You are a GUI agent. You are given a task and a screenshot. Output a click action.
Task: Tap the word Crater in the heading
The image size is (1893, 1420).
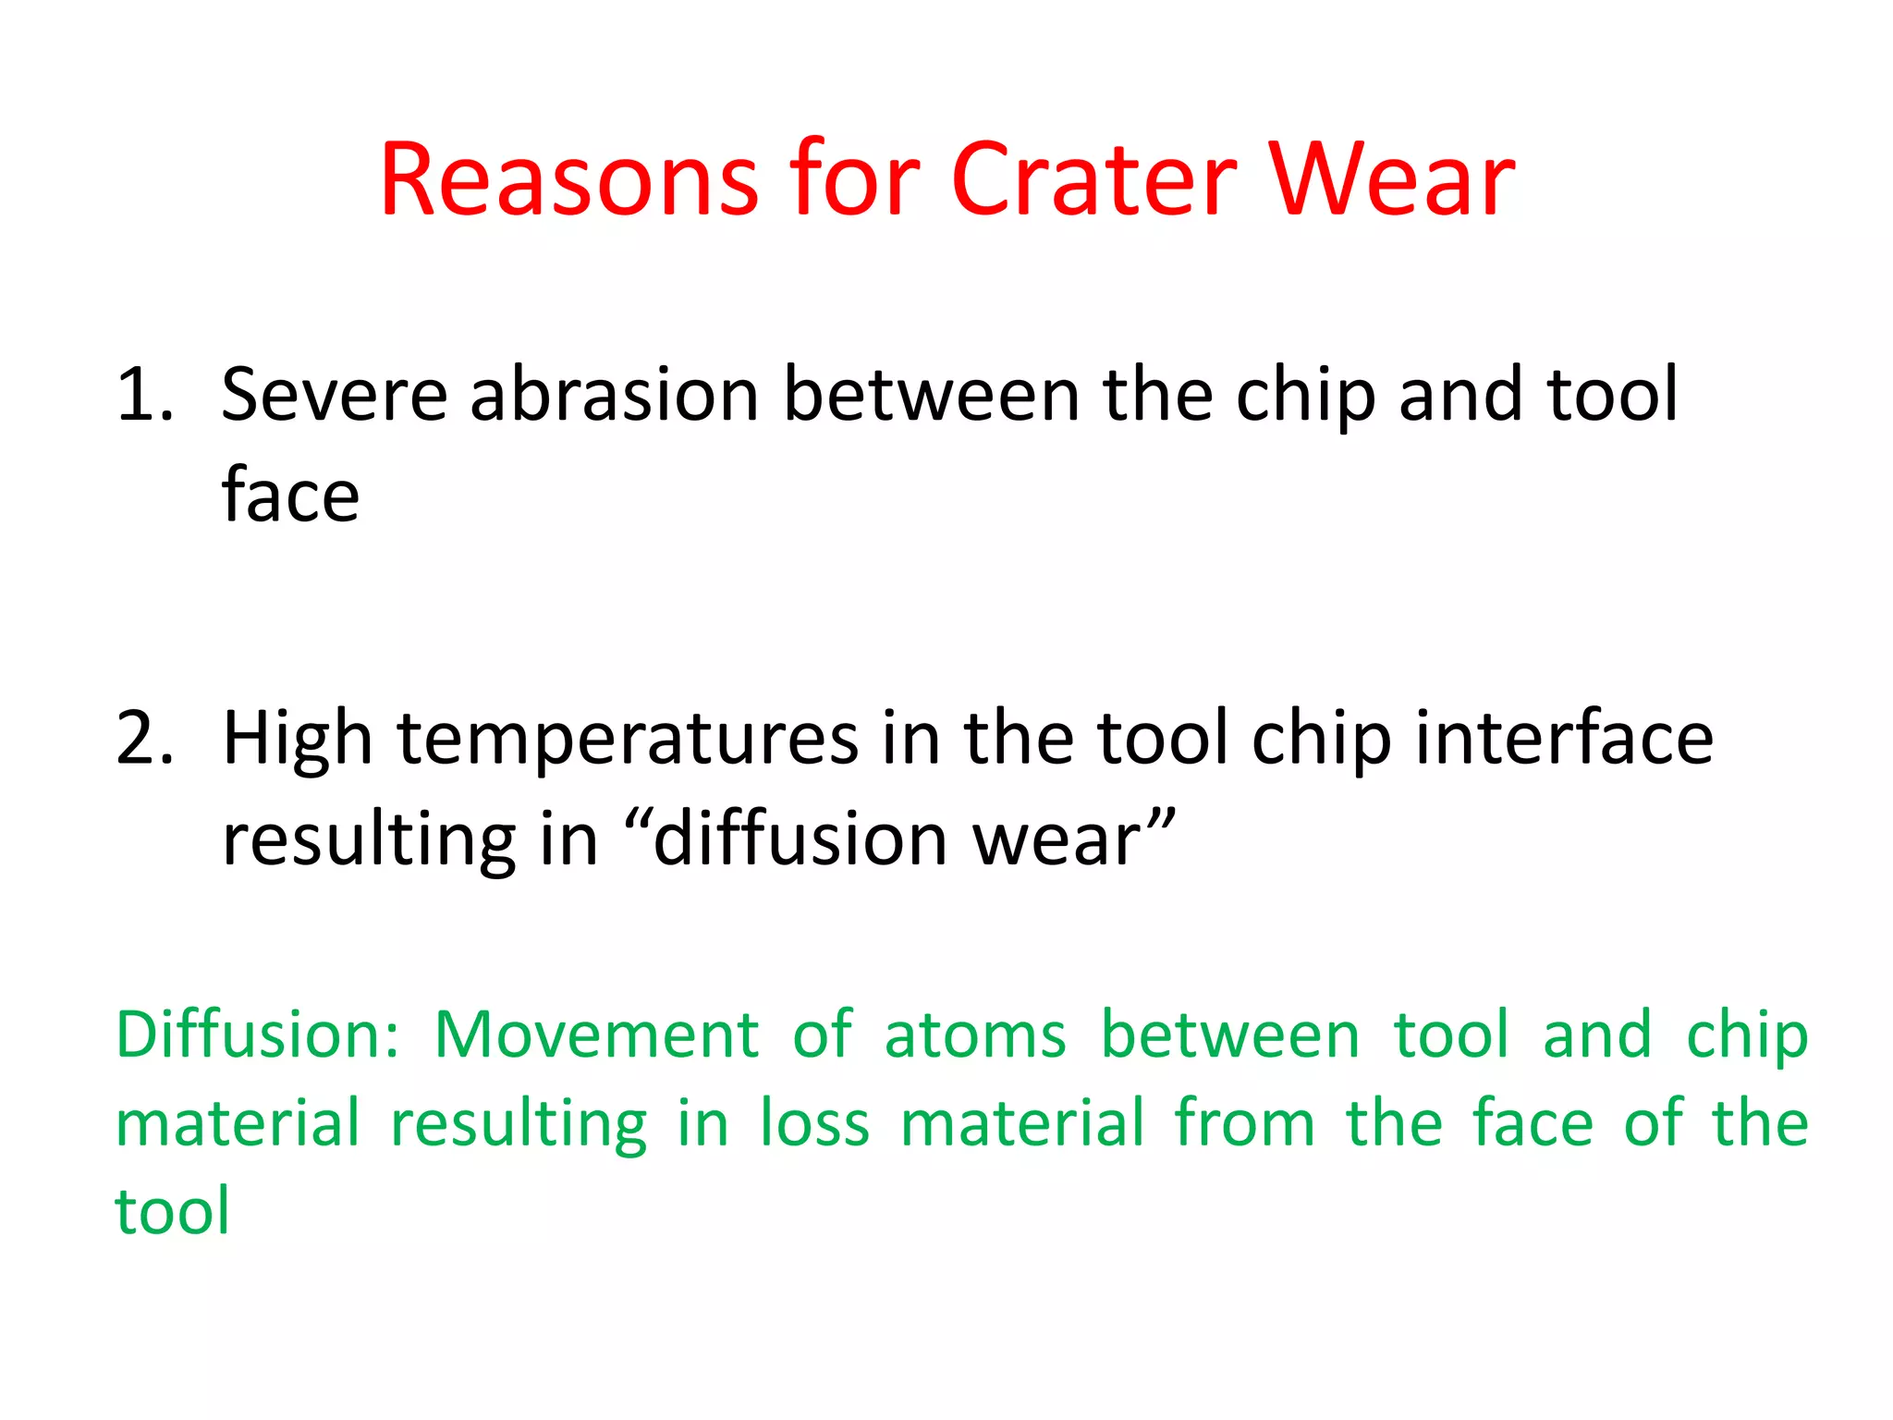click(1093, 179)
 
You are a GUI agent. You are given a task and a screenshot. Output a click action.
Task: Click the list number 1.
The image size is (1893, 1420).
click(144, 395)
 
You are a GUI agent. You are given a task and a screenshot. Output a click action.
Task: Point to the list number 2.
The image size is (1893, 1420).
click(144, 739)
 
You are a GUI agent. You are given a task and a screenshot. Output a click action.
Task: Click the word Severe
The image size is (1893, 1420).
click(335, 395)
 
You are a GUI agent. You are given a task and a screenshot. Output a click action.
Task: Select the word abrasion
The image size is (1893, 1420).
click(615, 395)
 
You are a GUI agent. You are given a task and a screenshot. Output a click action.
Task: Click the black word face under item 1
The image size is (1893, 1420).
click(290, 495)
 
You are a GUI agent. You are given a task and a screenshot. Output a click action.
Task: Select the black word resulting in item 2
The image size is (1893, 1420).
click(369, 841)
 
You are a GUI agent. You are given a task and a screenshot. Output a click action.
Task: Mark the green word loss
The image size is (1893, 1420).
click(814, 1122)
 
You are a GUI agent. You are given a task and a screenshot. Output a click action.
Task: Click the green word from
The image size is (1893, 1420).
click(1244, 1122)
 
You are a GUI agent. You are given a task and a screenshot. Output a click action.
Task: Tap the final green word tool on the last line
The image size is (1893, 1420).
click(172, 1211)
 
